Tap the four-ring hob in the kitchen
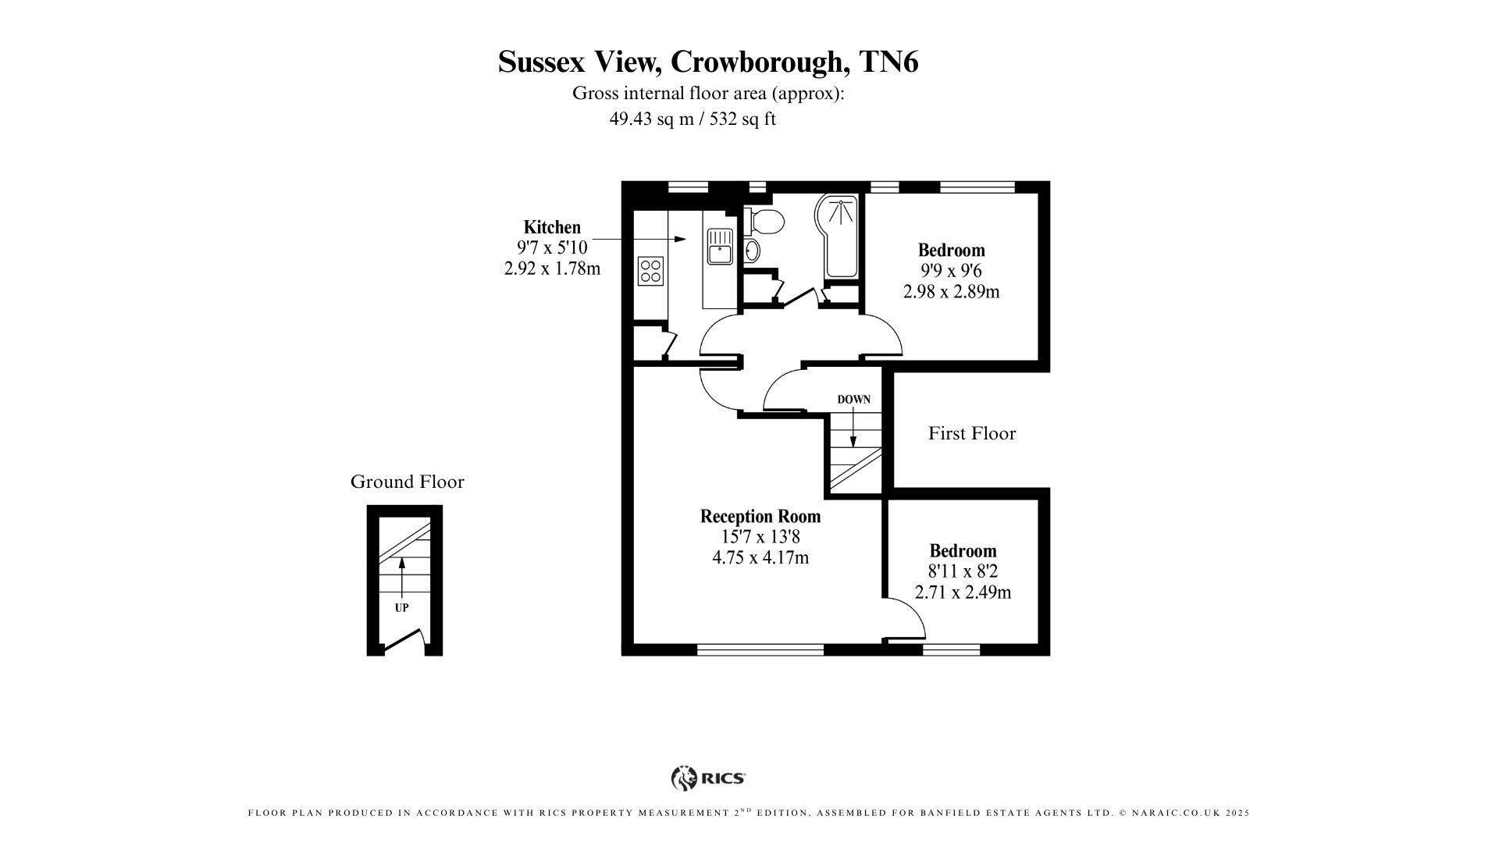coord(650,271)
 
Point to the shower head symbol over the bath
coord(838,208)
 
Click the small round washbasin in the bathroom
coord(751,251)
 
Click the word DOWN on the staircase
coord(853,400)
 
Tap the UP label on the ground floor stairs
coord(401,607)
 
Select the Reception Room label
coord(760,516)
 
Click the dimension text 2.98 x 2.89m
coord(951,292)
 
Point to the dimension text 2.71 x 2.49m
coord(962,592)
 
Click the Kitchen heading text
coord(552,227)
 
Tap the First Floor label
coord(971,433)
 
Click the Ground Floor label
coord(407,482)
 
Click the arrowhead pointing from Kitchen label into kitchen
coord(681,239)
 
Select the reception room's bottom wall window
coord(760,649)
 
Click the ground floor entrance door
coord(404,642)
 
